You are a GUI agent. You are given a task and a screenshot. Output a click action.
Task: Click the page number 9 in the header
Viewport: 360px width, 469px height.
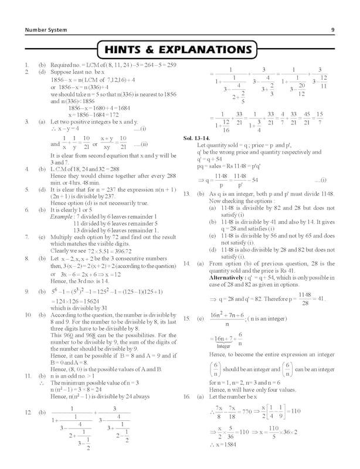332,30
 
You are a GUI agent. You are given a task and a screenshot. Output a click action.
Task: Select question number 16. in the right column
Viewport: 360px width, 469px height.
186,397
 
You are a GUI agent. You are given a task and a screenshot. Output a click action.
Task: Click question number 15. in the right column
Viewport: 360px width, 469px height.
186,318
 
